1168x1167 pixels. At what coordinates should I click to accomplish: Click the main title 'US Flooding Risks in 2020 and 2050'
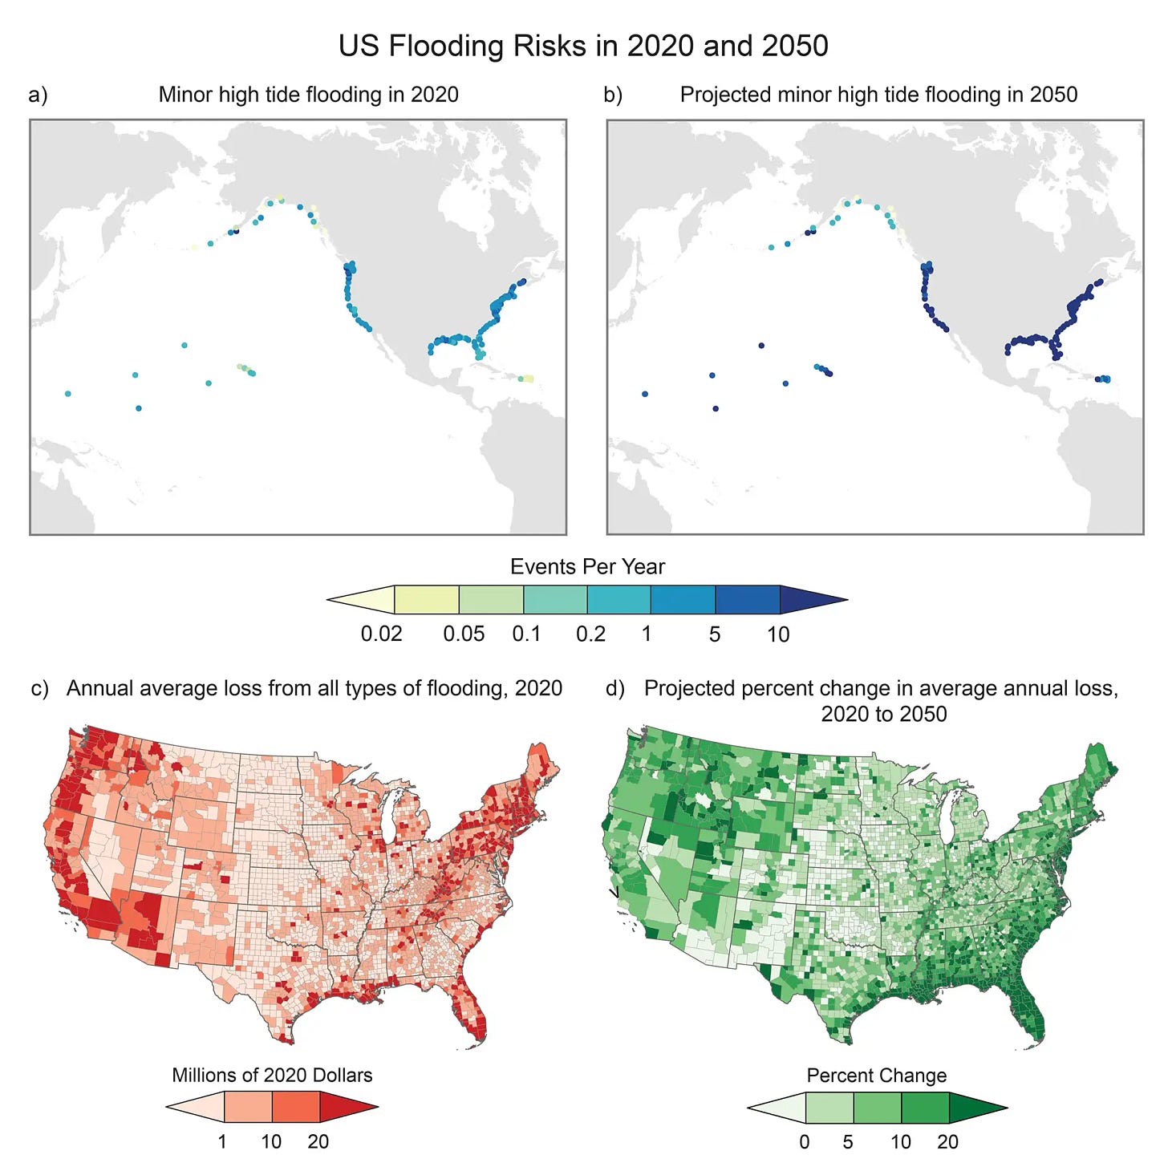click(583, 46)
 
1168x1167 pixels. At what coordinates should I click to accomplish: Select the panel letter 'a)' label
click(38, 95)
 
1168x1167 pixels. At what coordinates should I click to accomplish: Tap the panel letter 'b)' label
click(613, 95)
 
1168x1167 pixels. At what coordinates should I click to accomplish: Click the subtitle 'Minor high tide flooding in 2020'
click(308, 95)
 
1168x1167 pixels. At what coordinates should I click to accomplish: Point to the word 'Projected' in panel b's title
click(725, 95)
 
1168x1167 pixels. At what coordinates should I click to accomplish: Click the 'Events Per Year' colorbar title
click(587, 567)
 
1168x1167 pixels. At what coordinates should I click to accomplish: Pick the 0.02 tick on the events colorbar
click(381, 634)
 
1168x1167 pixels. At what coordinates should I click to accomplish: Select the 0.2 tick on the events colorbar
click(590, 634)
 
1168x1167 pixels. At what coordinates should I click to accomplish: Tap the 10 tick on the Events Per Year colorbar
click(778, 634)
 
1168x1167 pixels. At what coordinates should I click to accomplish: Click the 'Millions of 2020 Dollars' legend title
click(272, 1076)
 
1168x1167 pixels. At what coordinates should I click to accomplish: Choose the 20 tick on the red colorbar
click(318, 1141)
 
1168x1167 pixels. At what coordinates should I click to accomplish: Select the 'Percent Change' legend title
click(876, 1076)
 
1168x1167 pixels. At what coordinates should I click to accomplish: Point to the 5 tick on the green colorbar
click(848, 1141)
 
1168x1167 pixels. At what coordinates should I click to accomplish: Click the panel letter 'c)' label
click(39, 689)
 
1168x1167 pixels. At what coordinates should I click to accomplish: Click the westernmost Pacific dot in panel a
click(68, 394)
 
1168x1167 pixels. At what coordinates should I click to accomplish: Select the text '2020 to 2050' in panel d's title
click(883, 714)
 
